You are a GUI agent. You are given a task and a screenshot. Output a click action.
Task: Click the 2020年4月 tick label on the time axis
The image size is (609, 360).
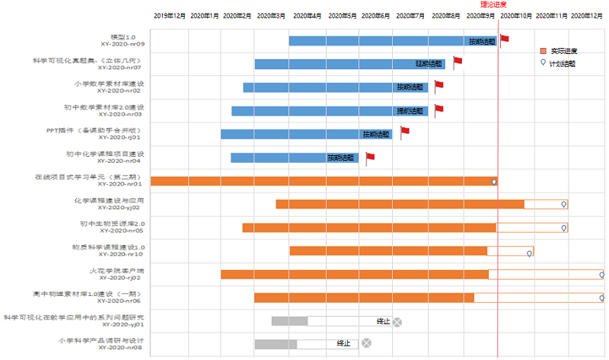pyautogui.click(x=307, y=15)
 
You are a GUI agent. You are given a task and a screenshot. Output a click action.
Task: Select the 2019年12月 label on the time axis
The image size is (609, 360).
pyautogui.click(x=169, y=15)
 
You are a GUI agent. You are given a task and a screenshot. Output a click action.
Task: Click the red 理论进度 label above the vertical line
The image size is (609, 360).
pyautogui.click(x=498, y=5)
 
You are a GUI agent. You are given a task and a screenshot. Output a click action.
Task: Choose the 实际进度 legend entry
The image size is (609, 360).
pyautogui.click(x=563, y=51)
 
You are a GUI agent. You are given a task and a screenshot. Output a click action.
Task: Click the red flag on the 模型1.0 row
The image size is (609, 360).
pyautogui.click(x=504, y=39)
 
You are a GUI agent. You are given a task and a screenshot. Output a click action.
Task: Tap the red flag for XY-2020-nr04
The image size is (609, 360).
pyautogui.click(x=370, y=158)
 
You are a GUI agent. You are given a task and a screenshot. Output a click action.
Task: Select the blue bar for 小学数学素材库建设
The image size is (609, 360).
pyautogui.click(x=320, y=88)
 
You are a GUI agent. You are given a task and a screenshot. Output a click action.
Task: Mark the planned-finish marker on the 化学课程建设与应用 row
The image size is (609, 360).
pyautogui.click(x=564, y=204)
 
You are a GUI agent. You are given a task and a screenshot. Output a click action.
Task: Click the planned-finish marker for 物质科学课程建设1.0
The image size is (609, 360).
pyautogui.click(x=529, y=253)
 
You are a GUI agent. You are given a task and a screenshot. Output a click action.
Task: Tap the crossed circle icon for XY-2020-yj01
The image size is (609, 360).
pyautogui.click(x=397, y=321)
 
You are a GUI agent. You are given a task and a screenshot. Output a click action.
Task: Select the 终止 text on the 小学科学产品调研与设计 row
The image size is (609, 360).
pyautogui.click(x=344, y=344)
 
